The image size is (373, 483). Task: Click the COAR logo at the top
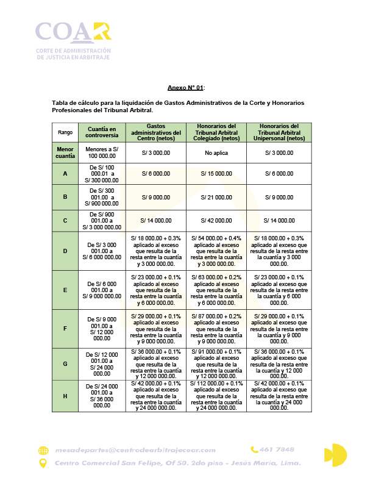[73, 40]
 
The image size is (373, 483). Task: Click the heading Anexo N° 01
[185, 88]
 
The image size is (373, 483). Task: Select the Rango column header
[65, 132]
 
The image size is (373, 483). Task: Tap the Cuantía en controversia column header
[102, 132]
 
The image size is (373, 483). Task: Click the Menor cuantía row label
[65, 152]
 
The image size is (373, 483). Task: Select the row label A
[65, 174]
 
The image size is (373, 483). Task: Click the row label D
[65, 251]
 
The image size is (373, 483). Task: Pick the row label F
[65, 329]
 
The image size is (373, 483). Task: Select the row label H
[65, 396]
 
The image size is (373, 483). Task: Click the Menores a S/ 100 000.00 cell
[102, 152]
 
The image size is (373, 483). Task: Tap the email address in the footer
[135, 450]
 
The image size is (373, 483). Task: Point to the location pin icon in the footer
[43, 463]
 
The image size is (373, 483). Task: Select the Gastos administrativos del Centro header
[156, 132]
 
